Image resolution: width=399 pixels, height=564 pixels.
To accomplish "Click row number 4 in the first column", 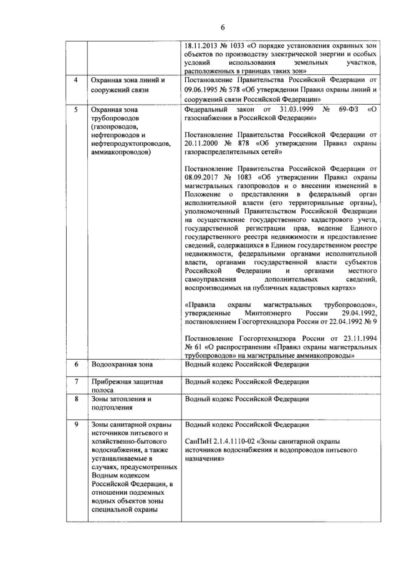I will click(x=76, y=81).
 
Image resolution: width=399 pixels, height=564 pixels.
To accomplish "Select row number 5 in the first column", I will click(x=76, y=108).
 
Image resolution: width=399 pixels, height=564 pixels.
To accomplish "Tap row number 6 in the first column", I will click(x=76, y=363).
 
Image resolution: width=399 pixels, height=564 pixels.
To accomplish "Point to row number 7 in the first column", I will click(x=76, y=381).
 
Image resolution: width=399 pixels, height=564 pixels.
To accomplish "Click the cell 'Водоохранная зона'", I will click(x=122, y=363).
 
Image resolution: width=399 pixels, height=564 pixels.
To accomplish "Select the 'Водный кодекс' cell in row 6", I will click(x=247, y=363).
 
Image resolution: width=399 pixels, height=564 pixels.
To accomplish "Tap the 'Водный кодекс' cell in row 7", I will click(x=247, y=381).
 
